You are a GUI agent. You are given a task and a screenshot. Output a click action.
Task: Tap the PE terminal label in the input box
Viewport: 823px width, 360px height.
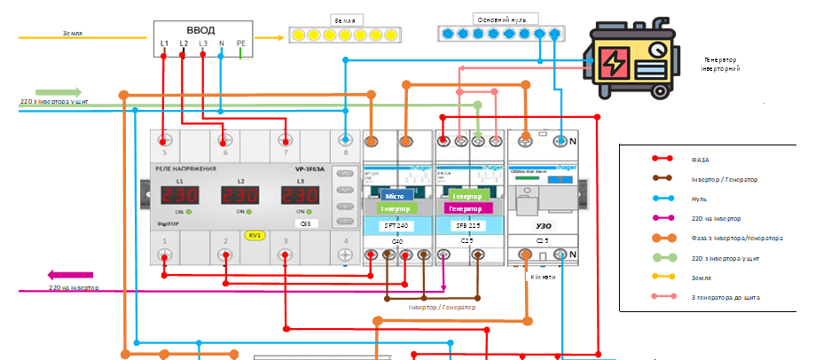click(241, 43)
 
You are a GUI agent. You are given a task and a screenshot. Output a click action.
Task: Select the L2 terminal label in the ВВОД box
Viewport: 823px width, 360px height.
click(184, 43)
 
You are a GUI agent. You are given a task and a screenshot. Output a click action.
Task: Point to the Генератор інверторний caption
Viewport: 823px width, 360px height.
click(720, 64)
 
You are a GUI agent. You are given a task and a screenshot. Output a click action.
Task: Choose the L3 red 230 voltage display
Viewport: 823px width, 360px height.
click(299, 195)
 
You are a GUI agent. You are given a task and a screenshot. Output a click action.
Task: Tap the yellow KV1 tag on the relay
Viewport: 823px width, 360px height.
click(254, 236)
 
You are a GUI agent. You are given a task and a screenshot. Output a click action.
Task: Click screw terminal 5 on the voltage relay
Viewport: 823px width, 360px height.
click(164, 139)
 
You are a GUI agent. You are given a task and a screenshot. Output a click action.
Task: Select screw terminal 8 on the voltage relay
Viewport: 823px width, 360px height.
click(345, 139)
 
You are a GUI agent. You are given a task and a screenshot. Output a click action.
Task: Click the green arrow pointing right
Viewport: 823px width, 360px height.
click(59, 92)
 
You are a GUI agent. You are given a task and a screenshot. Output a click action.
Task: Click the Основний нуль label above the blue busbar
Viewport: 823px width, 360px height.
click(499, 20)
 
